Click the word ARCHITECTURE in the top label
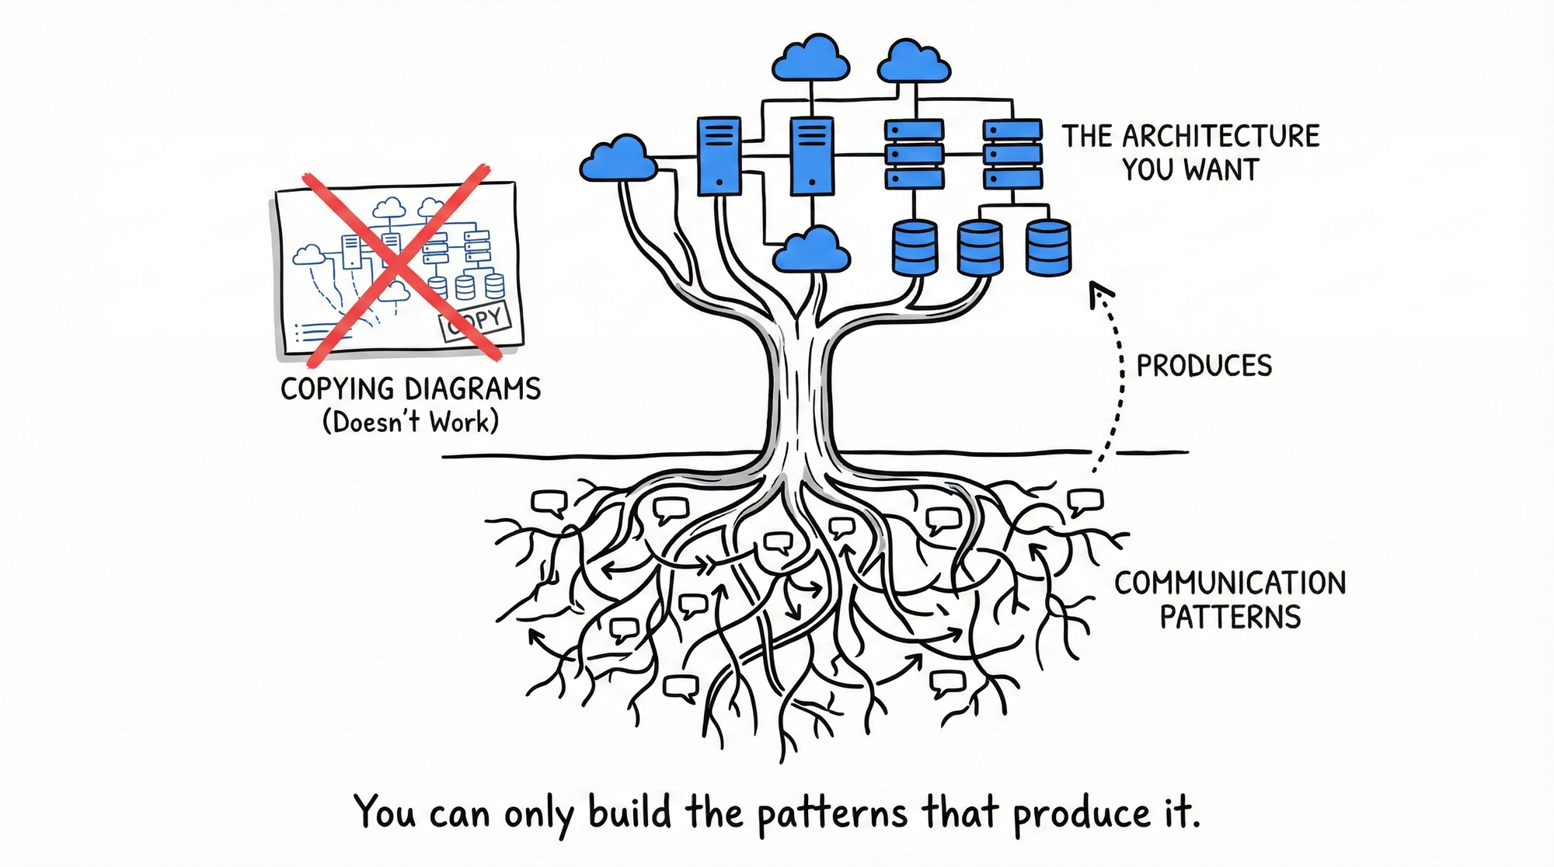[x=1221, y=137]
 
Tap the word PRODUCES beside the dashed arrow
[x=1204, y=366]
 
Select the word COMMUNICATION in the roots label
[x=1229, y=583]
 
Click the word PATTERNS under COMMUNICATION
[x=1230, y=617]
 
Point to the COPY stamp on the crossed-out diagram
[x=475, y=322]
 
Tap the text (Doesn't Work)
[x=410, y=423]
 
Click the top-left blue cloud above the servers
[x=811, y=59]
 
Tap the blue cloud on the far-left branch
[x=618, y=159]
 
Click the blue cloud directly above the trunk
[x=812, y=250]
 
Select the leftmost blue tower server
[x=719, y=155]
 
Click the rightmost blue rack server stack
[x=1012, y=154]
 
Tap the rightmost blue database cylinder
[x=1048, y=247]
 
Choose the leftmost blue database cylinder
[x=915, y=248]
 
